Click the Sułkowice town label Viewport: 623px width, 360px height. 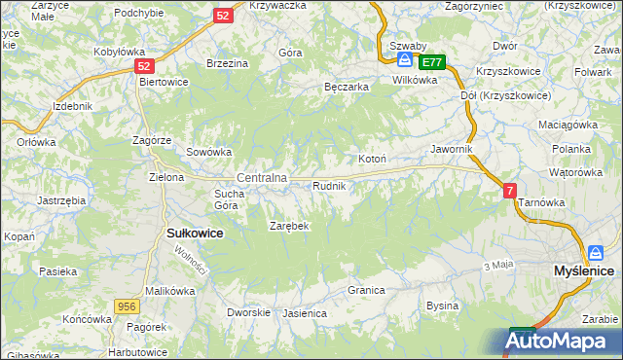(x=196, y=234)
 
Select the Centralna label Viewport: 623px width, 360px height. (x=262, y=178)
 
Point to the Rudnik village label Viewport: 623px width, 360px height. (x=329, y=185)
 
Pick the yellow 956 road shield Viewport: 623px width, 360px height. (x=125, y=306)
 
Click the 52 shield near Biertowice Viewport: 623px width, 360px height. (x=144, y=66)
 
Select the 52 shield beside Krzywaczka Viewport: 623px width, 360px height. (x=223, y=16)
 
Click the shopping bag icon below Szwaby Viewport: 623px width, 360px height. (x=403, y=60)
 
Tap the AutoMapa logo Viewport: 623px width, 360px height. (x=564, y=341)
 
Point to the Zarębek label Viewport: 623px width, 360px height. (x=289, y=226)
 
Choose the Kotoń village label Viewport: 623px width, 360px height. (x=373, y=159)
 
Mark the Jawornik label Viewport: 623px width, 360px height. (x=452, y=149)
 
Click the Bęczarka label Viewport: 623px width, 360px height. (x=346, y=87)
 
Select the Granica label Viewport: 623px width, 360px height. (x=367, y=290)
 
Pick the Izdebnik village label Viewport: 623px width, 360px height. (x=73, y=105)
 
